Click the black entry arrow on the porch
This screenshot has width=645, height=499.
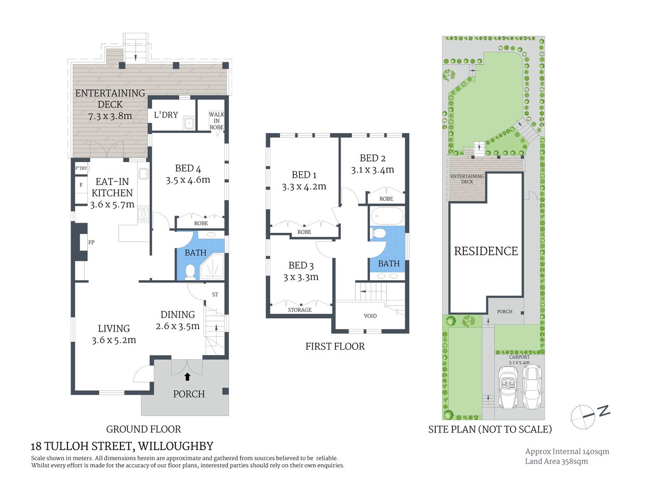click(187, 376)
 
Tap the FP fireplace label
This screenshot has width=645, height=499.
click(91, 242)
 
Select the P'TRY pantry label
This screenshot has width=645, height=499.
click(82, 168)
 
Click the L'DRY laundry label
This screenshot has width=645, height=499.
click(166, 115)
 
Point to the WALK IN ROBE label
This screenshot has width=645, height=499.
click(217, 121)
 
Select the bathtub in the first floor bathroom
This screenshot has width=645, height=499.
click(387, 216)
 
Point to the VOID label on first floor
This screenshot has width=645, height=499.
click(370, 316)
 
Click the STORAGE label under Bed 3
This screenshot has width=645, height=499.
click(300, 310)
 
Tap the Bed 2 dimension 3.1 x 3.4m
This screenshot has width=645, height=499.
click(372, 170)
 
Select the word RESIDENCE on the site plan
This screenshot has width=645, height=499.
click(486, 251)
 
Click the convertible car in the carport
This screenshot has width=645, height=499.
click(507, 387)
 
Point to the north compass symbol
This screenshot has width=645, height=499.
click(588, 415)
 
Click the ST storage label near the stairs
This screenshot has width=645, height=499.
click(215, 295)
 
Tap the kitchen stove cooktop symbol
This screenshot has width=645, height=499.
click(143, 214)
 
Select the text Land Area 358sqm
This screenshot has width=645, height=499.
click(556, 461)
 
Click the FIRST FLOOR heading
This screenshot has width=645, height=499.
click(335, 346)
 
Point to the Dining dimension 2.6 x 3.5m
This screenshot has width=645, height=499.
click(178, 326)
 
